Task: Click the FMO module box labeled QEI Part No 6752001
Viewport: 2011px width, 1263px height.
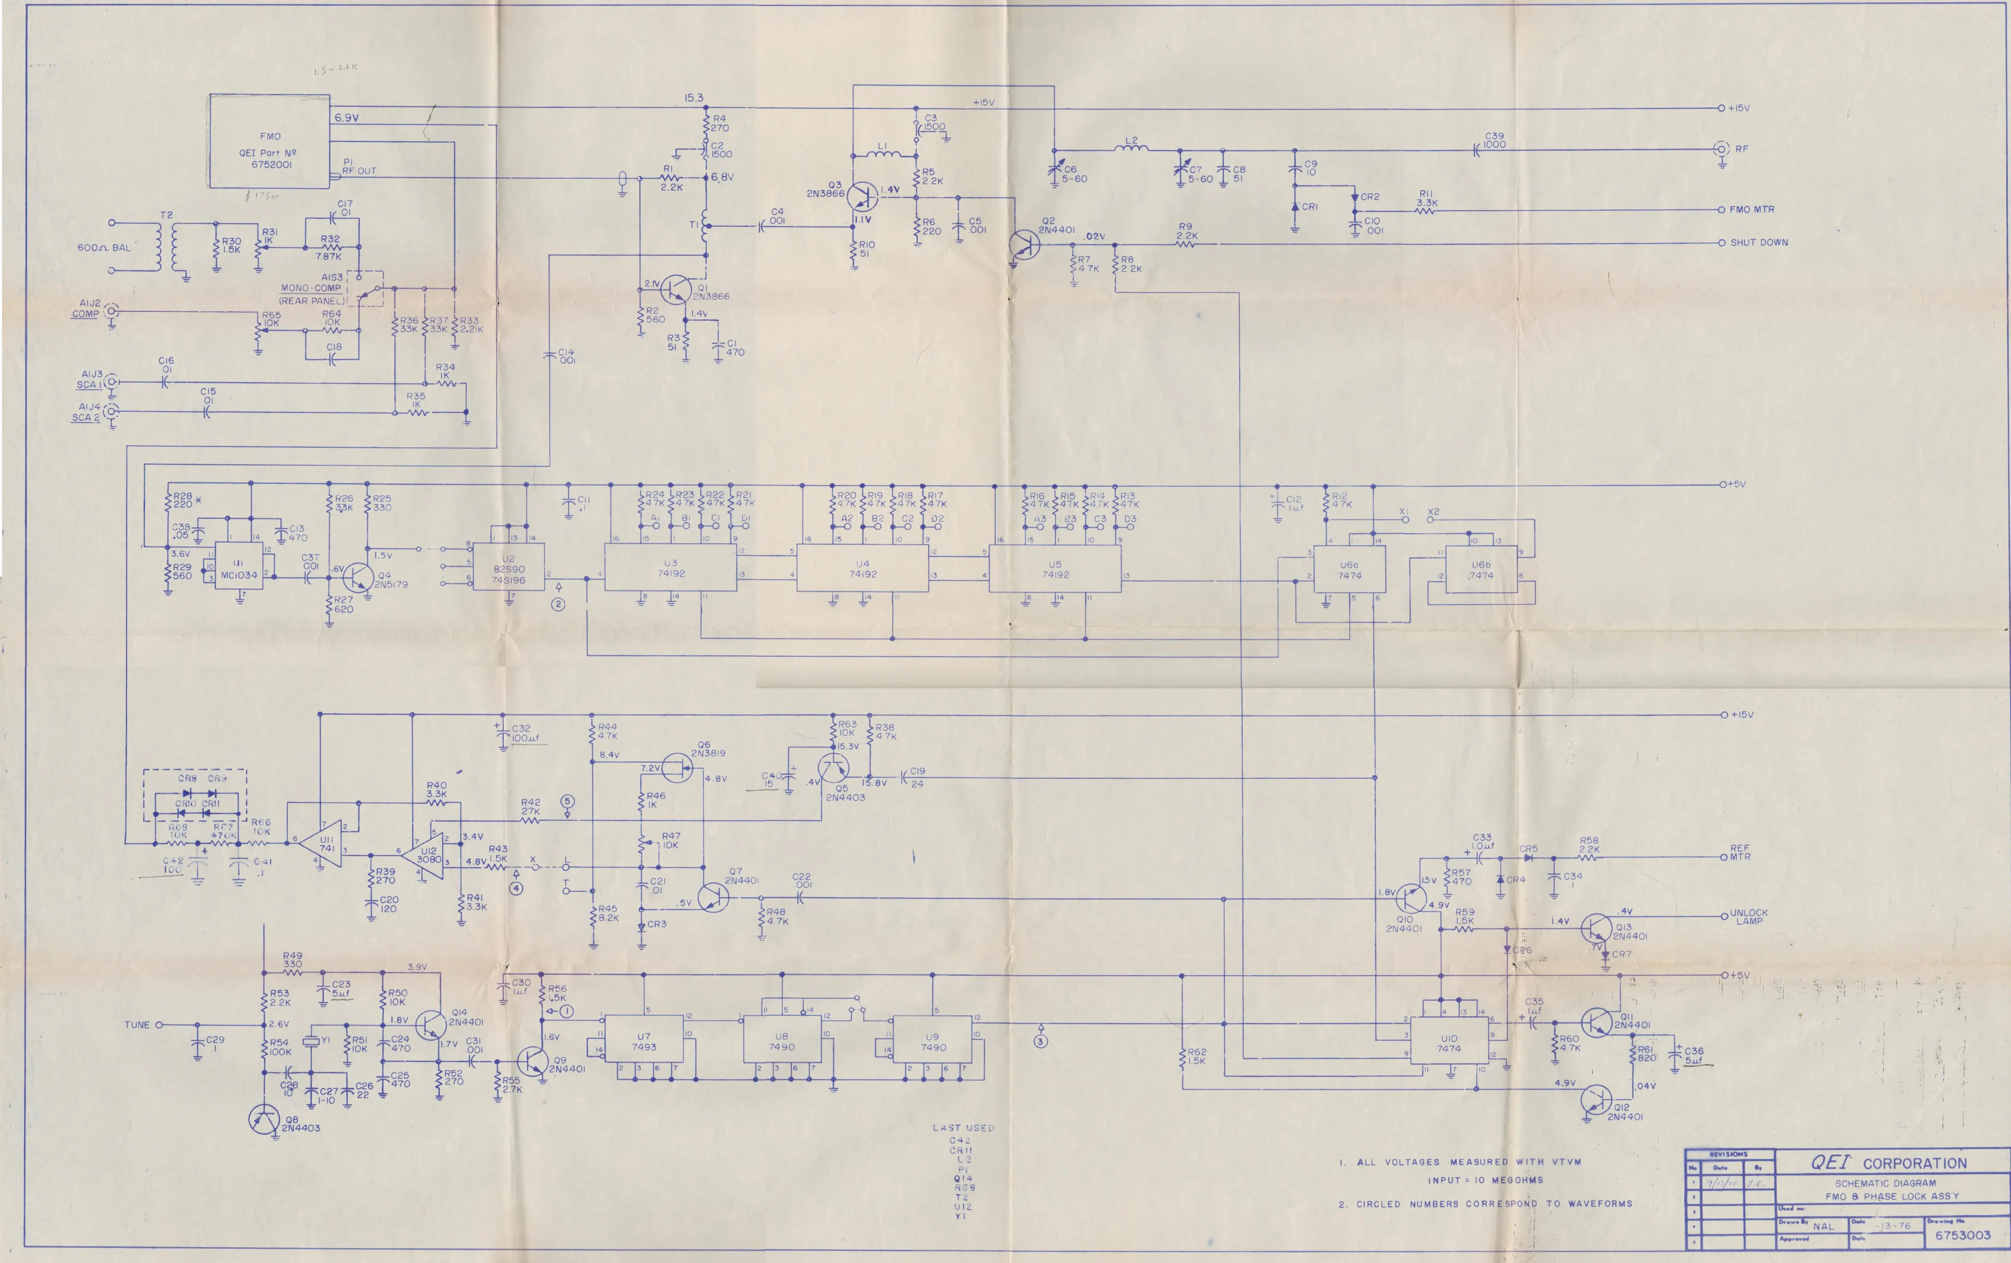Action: [x=270, y=142]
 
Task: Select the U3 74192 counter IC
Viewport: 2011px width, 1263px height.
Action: [x=671, y=568]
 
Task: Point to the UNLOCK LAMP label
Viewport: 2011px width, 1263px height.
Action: [x=1749, y=916]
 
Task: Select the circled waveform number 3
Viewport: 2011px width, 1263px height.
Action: [x=1040, y=1041]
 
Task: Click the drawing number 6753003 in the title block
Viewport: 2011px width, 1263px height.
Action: [x=1963, y=1235]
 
